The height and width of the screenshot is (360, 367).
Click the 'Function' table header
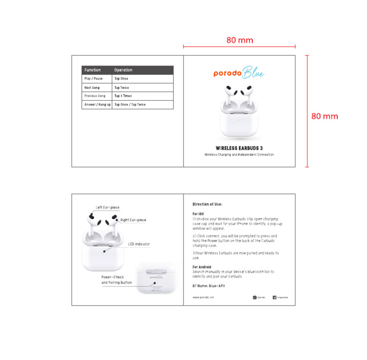point(93,70)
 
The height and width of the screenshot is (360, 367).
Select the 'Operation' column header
point(123,70)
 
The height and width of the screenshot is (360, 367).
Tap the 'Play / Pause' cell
point(93,79)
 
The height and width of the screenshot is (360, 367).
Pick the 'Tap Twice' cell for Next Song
point(121,88)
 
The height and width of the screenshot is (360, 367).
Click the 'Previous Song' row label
point(95,96)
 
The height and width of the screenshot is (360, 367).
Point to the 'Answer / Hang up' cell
point(97,105)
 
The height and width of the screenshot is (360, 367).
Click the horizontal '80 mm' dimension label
point(239,40)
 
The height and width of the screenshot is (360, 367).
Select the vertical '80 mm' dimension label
point(324,116)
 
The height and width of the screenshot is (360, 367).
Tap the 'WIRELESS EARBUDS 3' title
point(239,148)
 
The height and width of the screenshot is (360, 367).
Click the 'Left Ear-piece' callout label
point(108,208)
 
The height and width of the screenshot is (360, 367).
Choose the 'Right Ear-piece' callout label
point(133,220)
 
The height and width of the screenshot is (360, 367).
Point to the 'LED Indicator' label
point(139,244)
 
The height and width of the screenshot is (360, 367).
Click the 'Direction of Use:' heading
point(207,204)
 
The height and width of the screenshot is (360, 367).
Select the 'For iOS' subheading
point(199,213)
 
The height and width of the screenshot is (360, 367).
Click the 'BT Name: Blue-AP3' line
point(209,286)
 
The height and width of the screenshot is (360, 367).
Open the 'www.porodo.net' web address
point(203,297)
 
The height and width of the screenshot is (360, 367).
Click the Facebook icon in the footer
point(275,297)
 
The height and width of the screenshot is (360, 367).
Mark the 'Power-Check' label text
point(113,277)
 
